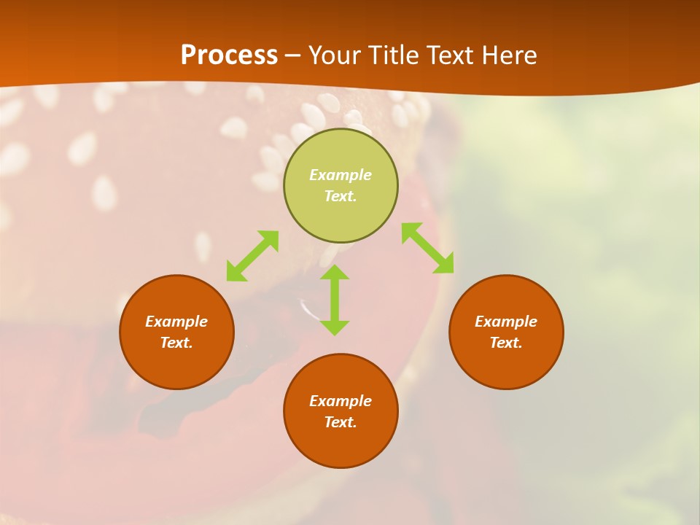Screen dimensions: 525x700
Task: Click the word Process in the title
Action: (229, 55)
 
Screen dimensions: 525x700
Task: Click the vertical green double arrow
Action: (335, 300)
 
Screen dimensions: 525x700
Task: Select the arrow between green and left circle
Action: (252, 256)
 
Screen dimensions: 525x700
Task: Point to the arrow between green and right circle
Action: (427, 248)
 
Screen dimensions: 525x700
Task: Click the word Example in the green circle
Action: (341, 175)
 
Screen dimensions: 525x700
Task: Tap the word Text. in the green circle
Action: (341, 196)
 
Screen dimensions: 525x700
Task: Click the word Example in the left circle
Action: (176, 322)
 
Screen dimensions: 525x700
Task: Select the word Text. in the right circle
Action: (506, 343)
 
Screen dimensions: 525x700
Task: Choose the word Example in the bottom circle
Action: (341, 401)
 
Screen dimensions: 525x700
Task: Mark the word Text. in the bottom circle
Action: (341, 422)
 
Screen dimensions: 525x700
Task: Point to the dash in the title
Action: (292, 55)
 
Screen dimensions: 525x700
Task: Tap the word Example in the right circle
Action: (506, 322)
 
